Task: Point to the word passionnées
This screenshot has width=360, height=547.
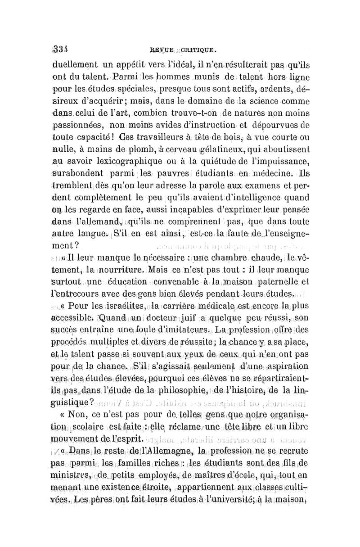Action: coord(79,121)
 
